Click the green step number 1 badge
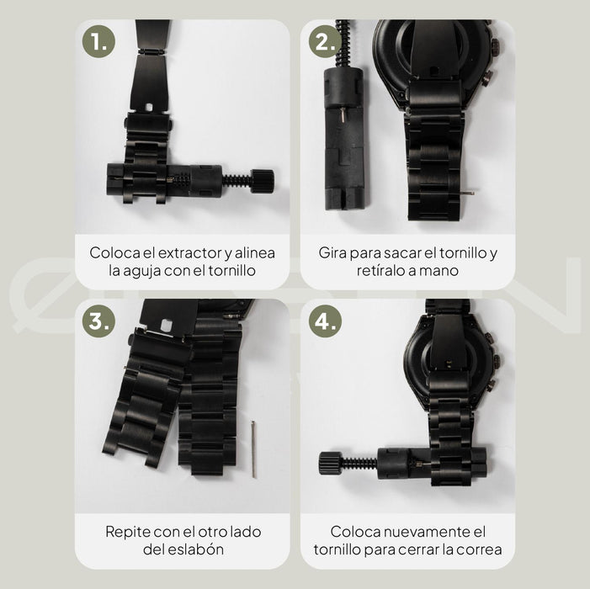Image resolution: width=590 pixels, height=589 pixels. pyautogui.click(x=98, y=41)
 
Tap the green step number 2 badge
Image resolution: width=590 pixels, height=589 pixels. pyautogui.click(x=325, y=41)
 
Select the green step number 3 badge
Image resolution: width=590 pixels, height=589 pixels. pyautogui.click(x=98, y=321)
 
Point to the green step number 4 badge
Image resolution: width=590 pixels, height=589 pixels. pyautogui.click(x=325, y=321)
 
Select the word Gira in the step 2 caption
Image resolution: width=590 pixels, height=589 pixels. pyautogui.click(x=332, y=252)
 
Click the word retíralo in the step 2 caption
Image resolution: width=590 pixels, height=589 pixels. pyautogui.click(x=381, y=270)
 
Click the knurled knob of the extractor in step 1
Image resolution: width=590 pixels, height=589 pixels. pyautogui.click(x=262, y=181)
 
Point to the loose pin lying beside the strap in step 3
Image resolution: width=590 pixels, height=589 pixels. pyautogui.click(x=253, y=449)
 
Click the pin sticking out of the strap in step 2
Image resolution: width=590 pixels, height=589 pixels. pyautogui.click(x=468, y=192)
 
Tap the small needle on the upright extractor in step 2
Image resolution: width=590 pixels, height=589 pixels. pyautogui.click(x=343, y=114)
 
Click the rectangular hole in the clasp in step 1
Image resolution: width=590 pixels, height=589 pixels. pyautogui.click(x=149, y=108)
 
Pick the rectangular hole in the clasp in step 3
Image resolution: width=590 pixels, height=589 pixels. pyautogui.click(x=166, y=326)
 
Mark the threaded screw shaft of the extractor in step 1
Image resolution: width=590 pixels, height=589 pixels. pyautogui.click(x=237, y=180)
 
